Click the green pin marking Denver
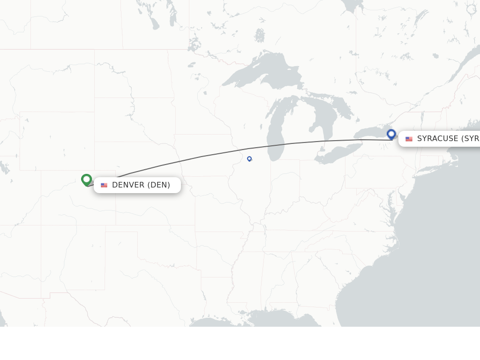pos(86,180)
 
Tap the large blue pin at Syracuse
pos(391,134)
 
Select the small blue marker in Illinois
pos(249,159)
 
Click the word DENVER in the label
pos(128,185)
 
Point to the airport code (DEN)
pos(159,185)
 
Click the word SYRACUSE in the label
pos(438,139)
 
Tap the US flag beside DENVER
pos(104,185)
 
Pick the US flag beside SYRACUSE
pos(409,139)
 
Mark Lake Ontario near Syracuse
pos(370,134)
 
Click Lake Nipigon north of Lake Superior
pos(260,35)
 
